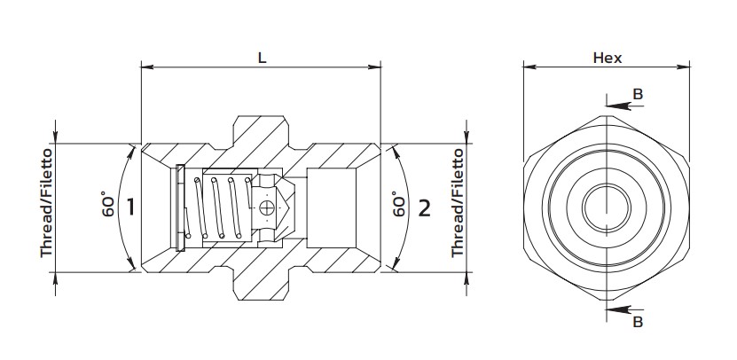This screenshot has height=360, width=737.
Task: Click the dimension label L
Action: tap(263, 58)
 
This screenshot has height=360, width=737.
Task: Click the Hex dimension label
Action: tap(608, 58)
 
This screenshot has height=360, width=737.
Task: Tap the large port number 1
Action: tap(130, 207)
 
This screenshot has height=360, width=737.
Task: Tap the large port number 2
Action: tap(424, 207)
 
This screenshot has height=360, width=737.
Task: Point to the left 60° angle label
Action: tap(108, 204)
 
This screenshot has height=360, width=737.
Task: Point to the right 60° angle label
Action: tap(398, 204)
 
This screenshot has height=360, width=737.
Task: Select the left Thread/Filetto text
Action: tap(46, 203)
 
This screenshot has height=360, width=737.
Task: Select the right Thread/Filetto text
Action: tap(458, 203)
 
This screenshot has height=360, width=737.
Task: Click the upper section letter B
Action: tap(638, 95)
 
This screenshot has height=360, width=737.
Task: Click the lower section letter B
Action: tap(638, 322)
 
